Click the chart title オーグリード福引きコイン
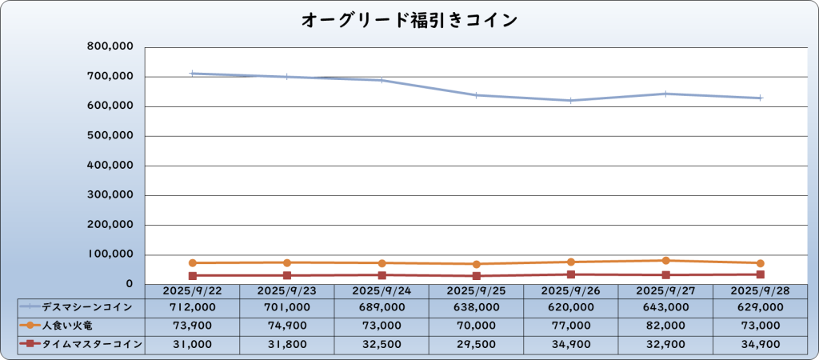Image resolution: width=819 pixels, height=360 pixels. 409,20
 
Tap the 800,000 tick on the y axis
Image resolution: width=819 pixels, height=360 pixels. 110,47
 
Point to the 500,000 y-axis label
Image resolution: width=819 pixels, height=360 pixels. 110,136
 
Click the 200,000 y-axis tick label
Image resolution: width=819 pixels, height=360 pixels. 110,225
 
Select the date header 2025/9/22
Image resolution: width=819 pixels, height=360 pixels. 193,291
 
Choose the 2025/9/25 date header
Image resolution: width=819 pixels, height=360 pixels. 476,291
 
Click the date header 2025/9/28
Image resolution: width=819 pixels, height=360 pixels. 760,291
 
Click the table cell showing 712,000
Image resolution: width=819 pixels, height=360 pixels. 193,307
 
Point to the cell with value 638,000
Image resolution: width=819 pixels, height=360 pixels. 476,307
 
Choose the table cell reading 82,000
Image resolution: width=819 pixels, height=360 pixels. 665,326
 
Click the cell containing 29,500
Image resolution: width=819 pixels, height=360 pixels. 476,344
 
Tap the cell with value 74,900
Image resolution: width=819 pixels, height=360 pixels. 287,326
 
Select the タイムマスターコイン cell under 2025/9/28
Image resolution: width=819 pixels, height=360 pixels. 760,344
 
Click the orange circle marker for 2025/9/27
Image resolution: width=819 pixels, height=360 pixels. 665,261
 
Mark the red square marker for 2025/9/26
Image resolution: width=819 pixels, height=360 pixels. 571,274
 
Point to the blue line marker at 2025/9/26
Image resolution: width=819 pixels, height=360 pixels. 571,101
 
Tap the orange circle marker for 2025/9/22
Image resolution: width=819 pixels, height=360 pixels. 193,263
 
